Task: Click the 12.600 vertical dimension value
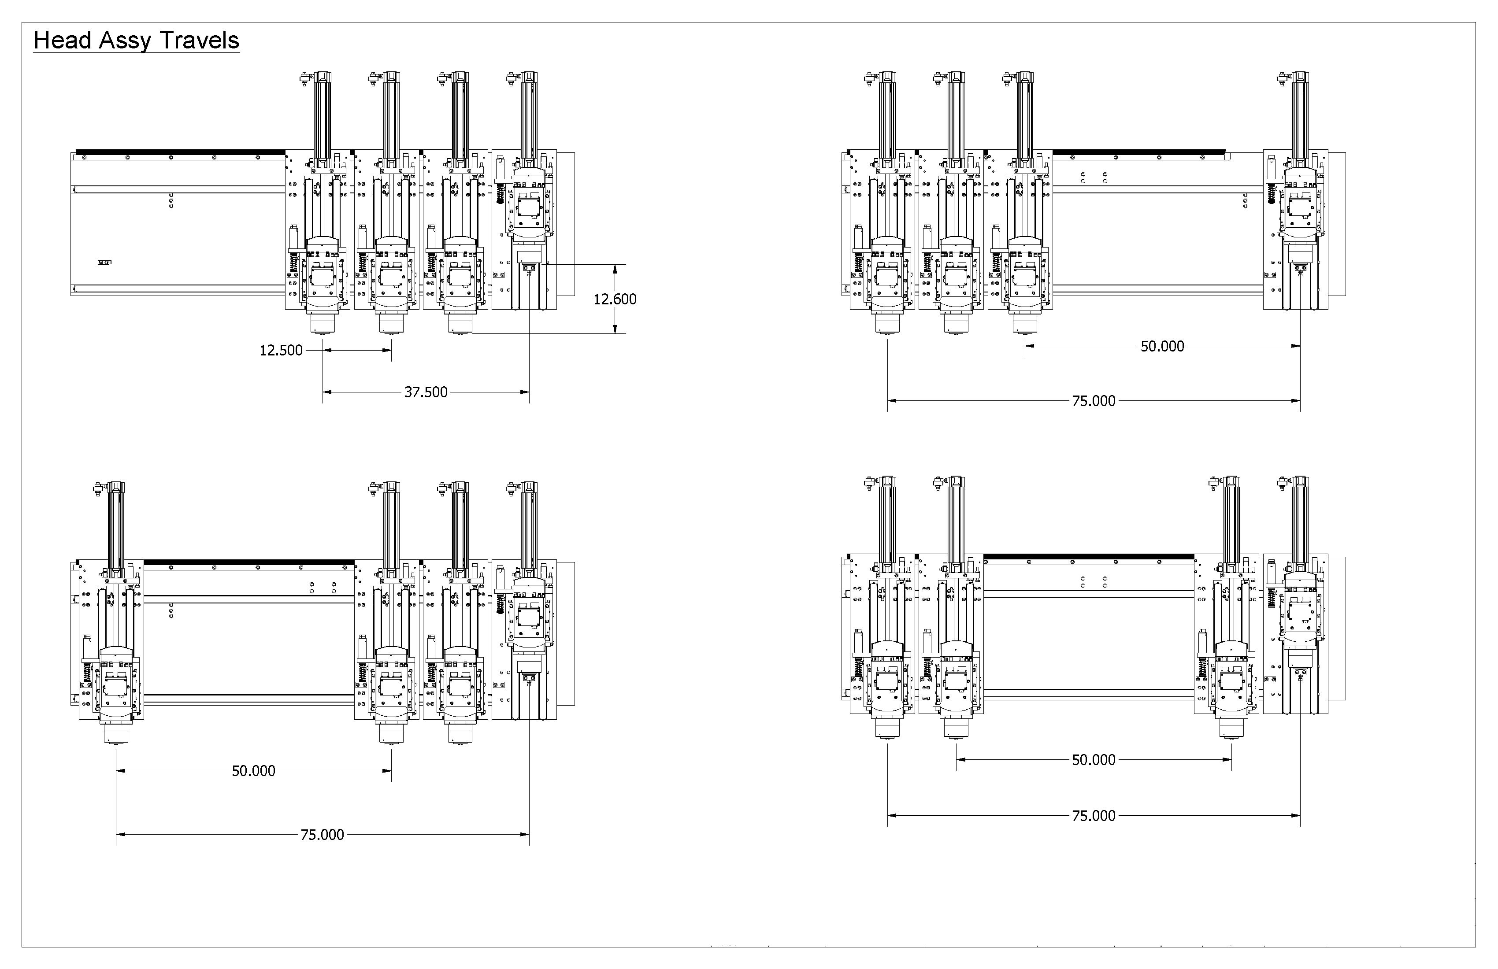click(x=615, y=299)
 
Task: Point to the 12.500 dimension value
click(x=281, y=351)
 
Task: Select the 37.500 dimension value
click(x=426, y=392)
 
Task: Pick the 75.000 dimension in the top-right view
click(x=1093, y=401)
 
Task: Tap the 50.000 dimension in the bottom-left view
click(x=254, y=771)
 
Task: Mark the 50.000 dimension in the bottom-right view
click(x=1093, y=760)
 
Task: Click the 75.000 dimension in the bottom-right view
click(x=1093, y=815)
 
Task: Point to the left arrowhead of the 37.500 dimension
click(x=327, y=392)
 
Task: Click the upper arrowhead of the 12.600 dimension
click(x=616, y=269)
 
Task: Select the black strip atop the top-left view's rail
click(x=180, y=152)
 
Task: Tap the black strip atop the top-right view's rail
click(x=1138, y=152)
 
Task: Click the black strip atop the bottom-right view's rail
click(x=1089, y=557)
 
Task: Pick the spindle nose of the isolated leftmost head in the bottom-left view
click(x=116, y=734)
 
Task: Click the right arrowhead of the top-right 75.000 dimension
click(x=1295, y=401)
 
